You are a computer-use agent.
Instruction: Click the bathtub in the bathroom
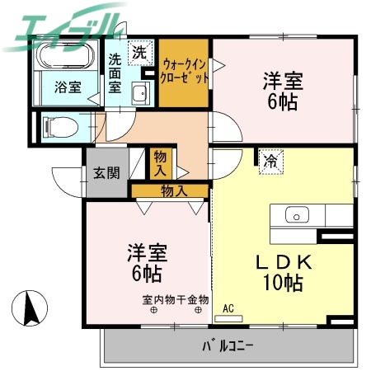pos(65,59)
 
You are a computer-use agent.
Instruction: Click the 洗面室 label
pos(116,73)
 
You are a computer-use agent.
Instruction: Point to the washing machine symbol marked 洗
pos(139,51)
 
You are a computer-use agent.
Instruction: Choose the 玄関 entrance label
pos(106,173)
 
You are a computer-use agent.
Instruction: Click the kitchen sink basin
pos(296,215)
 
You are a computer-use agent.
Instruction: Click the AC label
pos(228,308)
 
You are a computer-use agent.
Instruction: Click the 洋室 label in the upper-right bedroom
pos(283,81)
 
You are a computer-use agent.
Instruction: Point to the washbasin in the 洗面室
pos(139,92)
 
